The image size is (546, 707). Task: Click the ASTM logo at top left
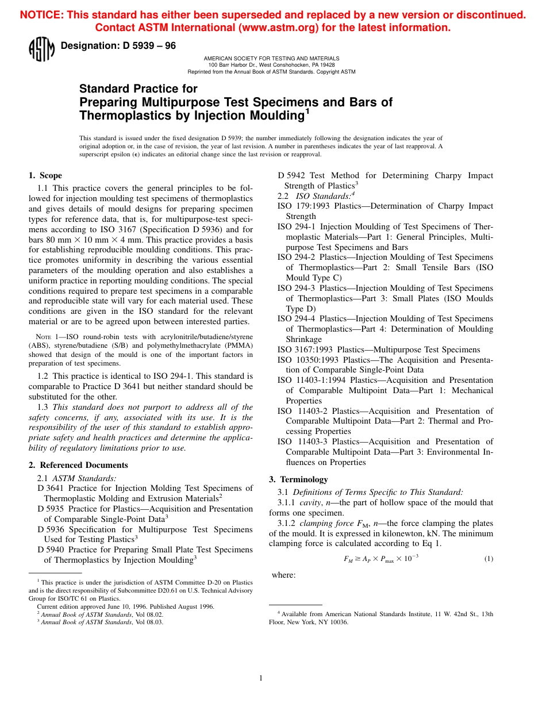[x=41, y=49]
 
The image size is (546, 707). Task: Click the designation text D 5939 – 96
[x=118, y=46]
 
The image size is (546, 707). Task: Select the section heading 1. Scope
[x=45, y=175]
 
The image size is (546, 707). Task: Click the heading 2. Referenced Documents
[x=78, y=465]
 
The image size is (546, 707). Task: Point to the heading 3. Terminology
[x=298, y=479]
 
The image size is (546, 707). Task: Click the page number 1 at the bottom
[x=261, y=678]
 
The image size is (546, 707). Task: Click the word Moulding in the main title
[x=275, y=116]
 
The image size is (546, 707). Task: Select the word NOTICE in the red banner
[x=41, y=16]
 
